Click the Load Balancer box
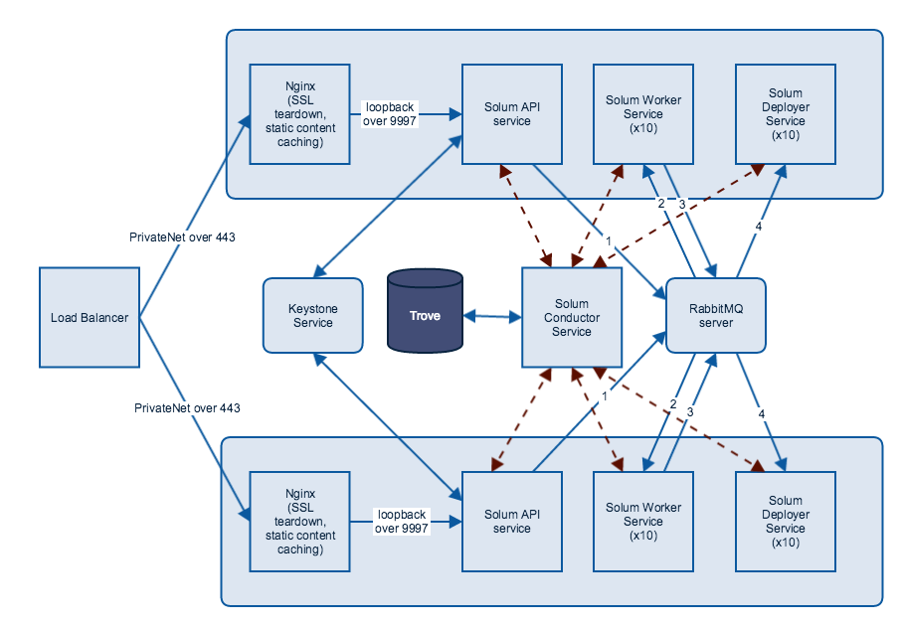pyautogui.click(x=90, y=317)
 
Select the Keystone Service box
pyautogui.click(x=313, y=315)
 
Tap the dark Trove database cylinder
pyautogui.click(x=425, y=315)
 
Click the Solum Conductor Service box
pyautogui.click(x=572, y=317)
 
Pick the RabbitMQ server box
pyautogui.click(x=716, y=315)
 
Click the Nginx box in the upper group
pyautogui.click(x=300, y=114)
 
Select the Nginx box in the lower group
pyautogui.click(x=300, y=521)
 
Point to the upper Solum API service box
pyautogui.click(x=512, y=114)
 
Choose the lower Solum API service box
pyautogui.click(x=512, y=521)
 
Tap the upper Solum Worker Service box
pyautogui.click(x=642, y=114)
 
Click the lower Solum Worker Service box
pyautogui.click(x=642, y=521)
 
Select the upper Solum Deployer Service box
pyautogui.click(x=785, y=114)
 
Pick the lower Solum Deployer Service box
pyautogui.click(x=785, y=521)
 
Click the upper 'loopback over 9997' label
pyautogui.click(x=391, y=112)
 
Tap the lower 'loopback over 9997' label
pyautogui.click(x=401, y=521)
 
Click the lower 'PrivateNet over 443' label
pyautogui.click(x=186, y=407)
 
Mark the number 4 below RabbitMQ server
pyautogui.click(x=761, y=412)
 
